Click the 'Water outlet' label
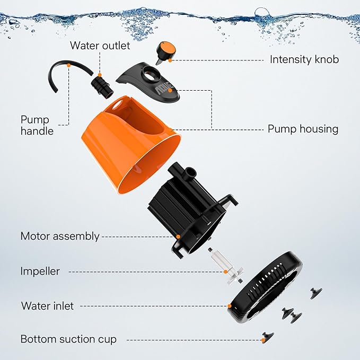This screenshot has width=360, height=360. [x=100, y=46]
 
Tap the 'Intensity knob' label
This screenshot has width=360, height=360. [x=304, y=59]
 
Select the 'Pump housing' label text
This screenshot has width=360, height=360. [x=303, y=129]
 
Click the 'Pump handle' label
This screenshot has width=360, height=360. [x=37, y=125]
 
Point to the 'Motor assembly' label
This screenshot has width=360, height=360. [x=59, y=236]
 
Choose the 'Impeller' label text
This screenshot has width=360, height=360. [x=40, y=271]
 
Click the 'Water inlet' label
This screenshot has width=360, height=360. [x=47, y=306]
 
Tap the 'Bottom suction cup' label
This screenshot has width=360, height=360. [x=68, y=339]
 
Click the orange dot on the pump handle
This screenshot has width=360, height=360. [x=69, y=65]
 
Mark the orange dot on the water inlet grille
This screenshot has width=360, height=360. [x=229, y=306]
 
